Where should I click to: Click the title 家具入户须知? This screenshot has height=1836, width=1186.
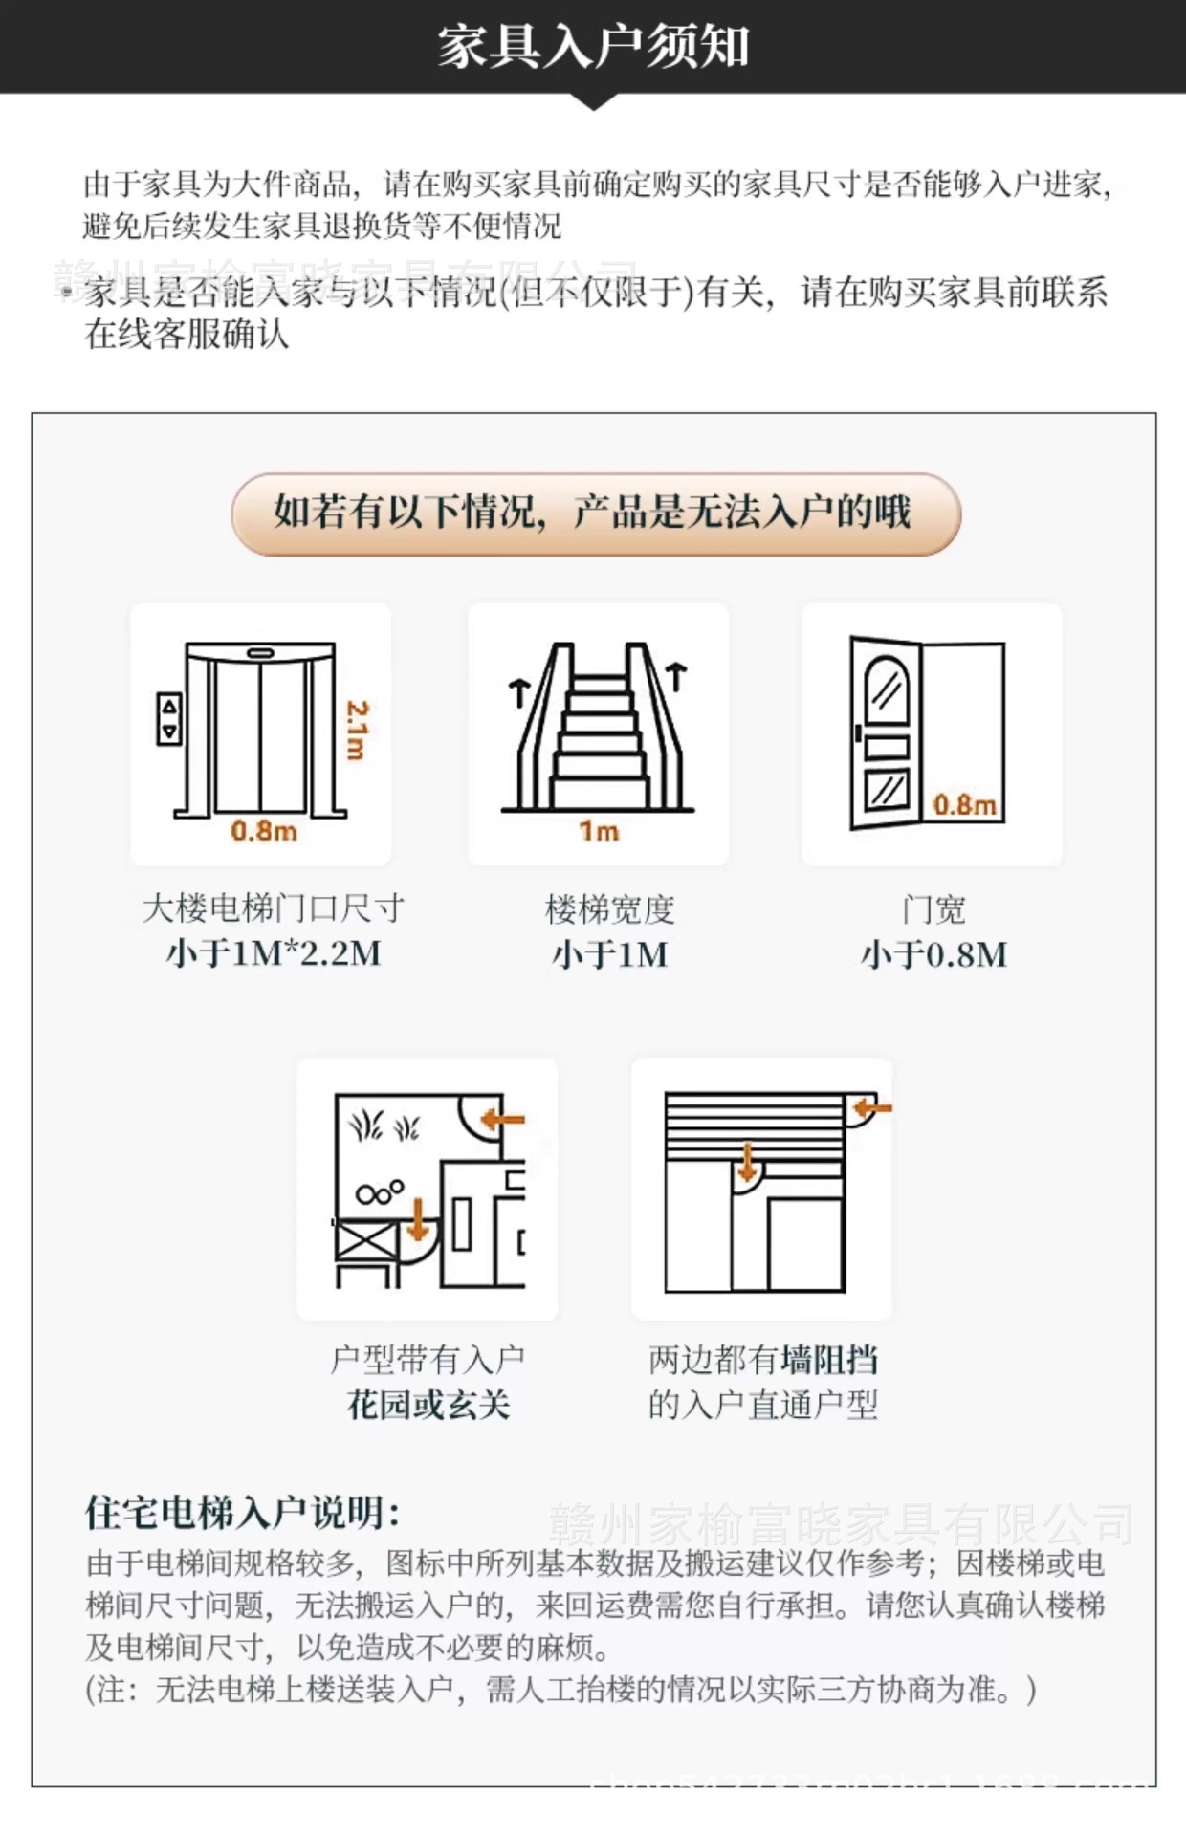point(593,45)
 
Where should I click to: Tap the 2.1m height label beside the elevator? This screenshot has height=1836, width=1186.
point(356,730)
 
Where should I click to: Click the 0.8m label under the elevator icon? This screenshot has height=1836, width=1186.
point(264,830)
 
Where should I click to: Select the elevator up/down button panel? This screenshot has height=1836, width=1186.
point(169,719)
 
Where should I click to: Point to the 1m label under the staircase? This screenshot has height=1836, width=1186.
point(599,830)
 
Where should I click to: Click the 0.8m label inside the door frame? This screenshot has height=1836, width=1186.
point(964,804)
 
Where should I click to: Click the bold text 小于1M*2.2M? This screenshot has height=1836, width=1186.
point(274,953)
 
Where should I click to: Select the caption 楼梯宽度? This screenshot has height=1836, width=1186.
point(609,909)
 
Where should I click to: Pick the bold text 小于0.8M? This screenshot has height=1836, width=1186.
point(933,954)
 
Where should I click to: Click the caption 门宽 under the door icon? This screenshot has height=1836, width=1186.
point(933,909)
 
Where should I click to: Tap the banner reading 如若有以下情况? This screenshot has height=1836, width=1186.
point(595,514)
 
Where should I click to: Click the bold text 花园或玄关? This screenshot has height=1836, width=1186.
point(428,1405)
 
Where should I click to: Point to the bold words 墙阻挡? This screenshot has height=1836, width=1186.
point(829,1359)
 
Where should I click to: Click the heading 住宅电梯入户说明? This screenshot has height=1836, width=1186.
point(241,1512)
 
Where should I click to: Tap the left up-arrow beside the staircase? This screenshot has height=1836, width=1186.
point(518,690)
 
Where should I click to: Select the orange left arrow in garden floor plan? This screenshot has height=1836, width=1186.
point(503,1118)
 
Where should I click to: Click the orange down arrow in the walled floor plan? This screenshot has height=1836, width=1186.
point(747,1162)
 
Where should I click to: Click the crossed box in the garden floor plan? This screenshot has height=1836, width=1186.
point(365,1241)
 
